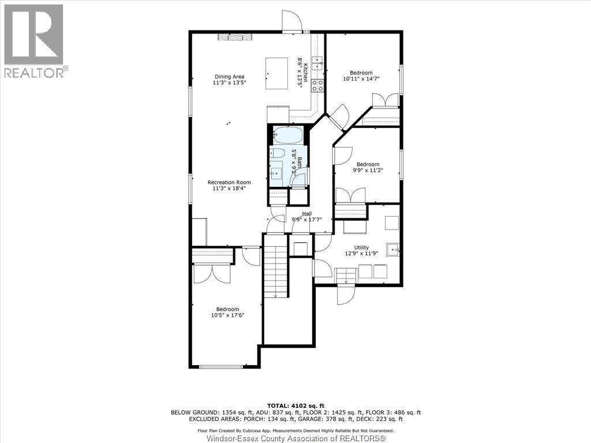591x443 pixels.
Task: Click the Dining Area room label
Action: pos(229,77)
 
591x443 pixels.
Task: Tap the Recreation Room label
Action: pos(229,182)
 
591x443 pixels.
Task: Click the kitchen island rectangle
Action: pos(277,73)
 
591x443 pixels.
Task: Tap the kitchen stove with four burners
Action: pos(317,85)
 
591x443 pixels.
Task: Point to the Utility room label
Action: pos(361,247)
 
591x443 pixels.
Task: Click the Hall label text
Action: pos(307,213)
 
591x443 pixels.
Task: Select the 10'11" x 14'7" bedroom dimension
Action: pos(361,78)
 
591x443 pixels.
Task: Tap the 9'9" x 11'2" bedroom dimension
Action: pos(368,170)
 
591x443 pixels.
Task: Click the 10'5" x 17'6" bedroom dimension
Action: pos(227,316)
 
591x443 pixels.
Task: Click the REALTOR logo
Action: pos(34,41)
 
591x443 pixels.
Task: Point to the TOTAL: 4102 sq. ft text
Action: pos(296,406)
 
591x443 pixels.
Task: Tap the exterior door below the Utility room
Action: pos(346,294)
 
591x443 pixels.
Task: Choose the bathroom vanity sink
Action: pos(276,174)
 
